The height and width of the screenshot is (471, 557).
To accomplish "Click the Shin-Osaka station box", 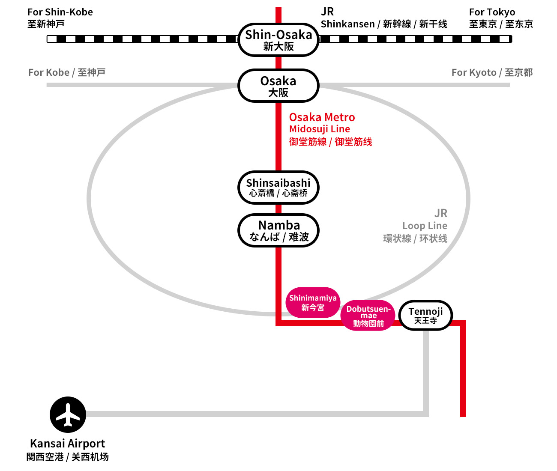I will pos(278,40).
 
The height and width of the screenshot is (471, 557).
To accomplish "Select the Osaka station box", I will pos(278,86).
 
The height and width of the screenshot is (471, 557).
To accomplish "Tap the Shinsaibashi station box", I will pos(278,188).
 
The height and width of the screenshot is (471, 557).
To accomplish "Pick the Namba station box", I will pos(278,230).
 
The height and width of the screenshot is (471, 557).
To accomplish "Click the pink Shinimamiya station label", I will pos(313,302).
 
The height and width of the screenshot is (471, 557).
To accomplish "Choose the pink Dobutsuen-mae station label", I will pos(368,316).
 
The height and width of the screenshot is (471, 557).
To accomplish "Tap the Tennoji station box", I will pos(425,315).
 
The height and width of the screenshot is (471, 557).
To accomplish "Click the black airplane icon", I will pos(68,414).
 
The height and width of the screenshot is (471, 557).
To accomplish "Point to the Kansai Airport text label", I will pos(67,444).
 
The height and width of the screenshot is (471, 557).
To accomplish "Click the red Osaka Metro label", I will pos(322,117).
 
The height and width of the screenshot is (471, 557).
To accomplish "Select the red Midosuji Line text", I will pos(319,129).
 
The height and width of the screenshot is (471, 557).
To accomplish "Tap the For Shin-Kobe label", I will pos(60,12).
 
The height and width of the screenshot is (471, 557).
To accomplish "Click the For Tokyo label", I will pos(492,12).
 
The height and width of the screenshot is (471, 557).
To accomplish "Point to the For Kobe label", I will pos(49,72).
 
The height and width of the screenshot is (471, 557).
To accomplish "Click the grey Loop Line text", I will pos(425,226).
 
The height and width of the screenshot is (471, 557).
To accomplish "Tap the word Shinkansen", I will pos(347,24).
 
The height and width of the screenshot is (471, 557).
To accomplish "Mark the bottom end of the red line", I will pos(463,414).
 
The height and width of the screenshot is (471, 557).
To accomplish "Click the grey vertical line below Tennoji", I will pos(426,368).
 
